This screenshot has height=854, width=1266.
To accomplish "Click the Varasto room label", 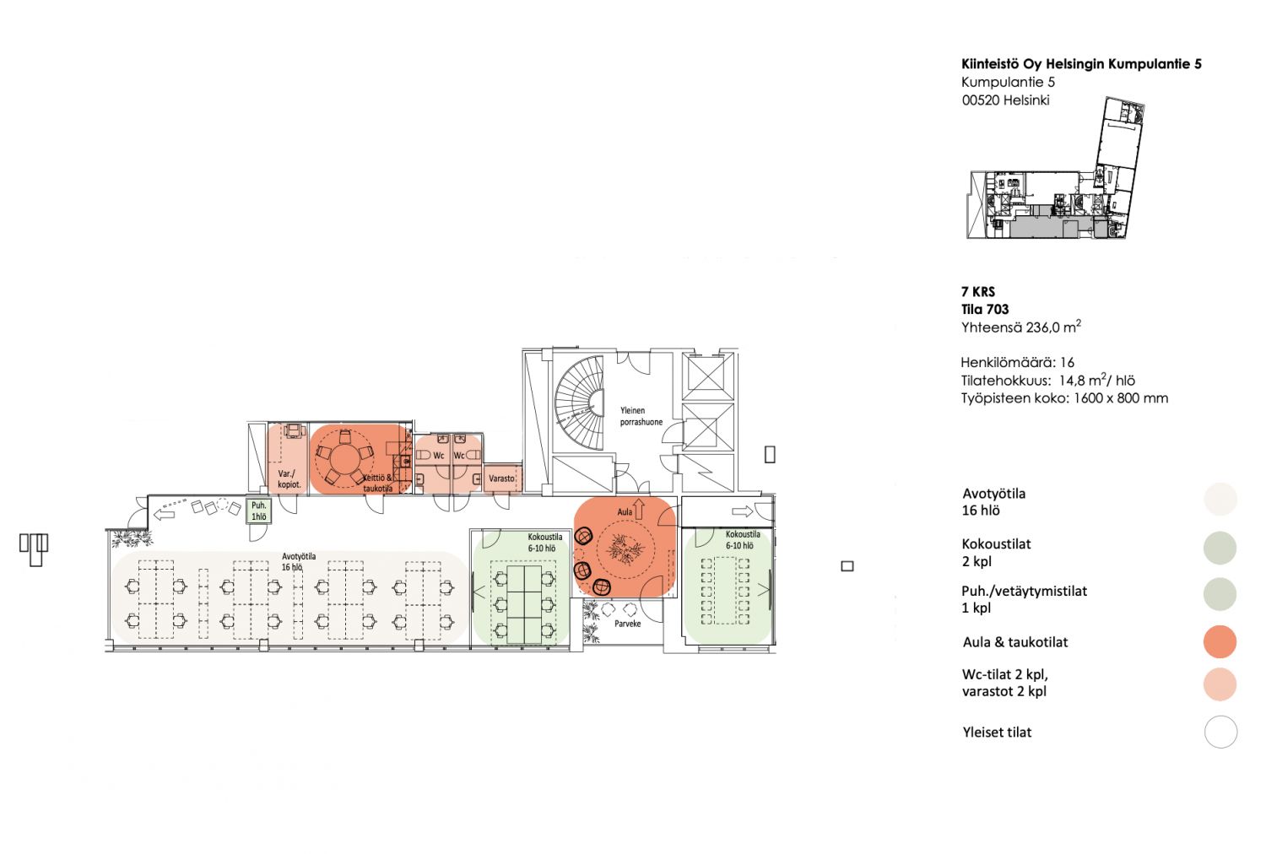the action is [501, 478].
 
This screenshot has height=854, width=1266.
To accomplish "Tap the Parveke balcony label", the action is [627, 624].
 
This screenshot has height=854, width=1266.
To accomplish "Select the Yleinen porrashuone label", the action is [641, 416].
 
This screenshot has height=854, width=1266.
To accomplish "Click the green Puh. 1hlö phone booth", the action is [258, 511].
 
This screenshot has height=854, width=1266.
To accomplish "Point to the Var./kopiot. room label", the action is [289, 479].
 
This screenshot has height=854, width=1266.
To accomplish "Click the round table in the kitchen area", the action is [343, 459].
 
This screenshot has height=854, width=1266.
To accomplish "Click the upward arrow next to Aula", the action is [639, 509].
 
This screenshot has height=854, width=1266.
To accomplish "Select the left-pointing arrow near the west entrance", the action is [165, 515].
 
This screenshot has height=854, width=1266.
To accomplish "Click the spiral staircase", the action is [578, 403].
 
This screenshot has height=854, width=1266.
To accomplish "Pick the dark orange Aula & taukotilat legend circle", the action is [1220, 641].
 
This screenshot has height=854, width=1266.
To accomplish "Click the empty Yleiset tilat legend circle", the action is [1220, 732].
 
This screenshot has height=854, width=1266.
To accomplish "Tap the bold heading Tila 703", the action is [985, 309].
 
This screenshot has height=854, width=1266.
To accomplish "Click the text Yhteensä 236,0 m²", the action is [1020, 327].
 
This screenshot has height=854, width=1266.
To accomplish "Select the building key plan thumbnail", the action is [1055, 168].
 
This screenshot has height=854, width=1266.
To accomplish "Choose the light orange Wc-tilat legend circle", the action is [1220, 684].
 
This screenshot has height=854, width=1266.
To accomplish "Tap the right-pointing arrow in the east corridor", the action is [742, 511].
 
